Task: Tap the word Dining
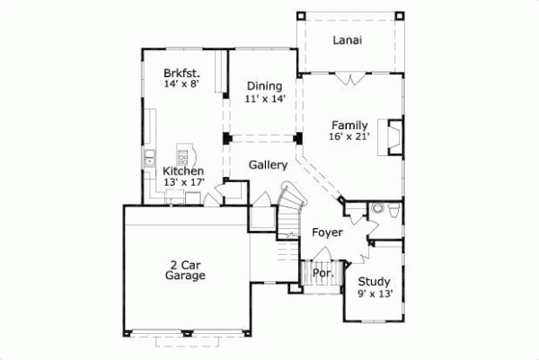[265, 86]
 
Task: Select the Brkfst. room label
[181, 73]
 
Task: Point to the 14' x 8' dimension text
[181, 83]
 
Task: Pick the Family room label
[349, 125]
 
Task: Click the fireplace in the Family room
[392, 135]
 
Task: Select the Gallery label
[268, 165]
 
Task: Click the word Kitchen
[183, 171]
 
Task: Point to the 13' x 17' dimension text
[184, 182]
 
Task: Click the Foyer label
[328, 233]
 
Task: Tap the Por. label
[322, 273]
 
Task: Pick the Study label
[373, 281]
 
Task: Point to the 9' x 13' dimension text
[373, 293]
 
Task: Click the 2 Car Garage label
[185, 270]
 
